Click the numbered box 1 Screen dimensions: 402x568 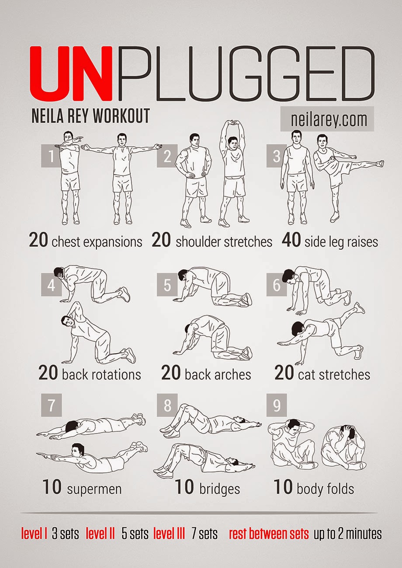(52, 156)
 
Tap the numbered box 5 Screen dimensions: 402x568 (167, 285)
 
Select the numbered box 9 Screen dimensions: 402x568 (277, 405)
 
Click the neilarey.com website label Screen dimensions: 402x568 (327, 119)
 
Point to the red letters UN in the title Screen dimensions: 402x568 (71, 73)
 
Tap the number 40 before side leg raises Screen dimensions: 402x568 (291, 240)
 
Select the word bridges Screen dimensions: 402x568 (219, 489)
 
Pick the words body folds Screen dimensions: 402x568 (326, 489)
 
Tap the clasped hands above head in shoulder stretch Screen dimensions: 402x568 (233, 124)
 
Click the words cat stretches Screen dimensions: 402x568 (334, 375)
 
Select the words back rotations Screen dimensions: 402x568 (101, 375)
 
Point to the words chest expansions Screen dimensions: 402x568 (97, 242)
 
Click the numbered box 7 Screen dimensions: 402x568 (52, 405)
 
